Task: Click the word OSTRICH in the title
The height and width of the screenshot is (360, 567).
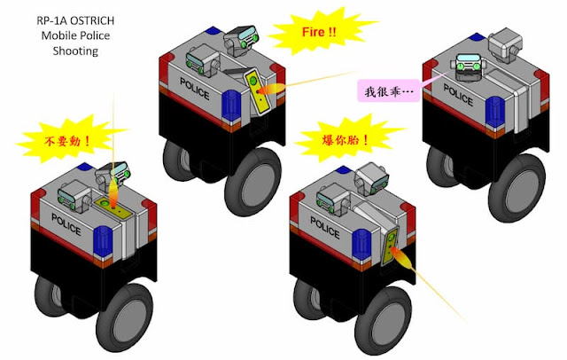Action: click(x=92, y=20)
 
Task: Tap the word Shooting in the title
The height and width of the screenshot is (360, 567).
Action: click(x=75, y=51)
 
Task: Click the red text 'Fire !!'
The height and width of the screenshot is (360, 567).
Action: click(x=319, y=32)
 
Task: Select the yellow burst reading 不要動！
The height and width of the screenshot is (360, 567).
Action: click(x=69, y=139)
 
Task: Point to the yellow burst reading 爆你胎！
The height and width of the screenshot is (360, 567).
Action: click(x=347, y=139)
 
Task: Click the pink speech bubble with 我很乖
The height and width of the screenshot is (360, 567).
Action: click(x=389, y=90)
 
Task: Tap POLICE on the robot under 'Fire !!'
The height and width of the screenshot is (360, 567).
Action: click(x=195, y=89)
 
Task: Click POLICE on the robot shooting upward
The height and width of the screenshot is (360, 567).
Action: click(x=66, y=224)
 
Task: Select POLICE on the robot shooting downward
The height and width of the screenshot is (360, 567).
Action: click(x=325, y=228)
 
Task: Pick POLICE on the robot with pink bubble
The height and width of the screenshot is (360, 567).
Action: click(x=458, y=95)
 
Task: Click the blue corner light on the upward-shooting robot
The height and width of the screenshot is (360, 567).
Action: click(x=103, y=242)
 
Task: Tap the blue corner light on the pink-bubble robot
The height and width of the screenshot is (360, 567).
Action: click(x=495, y=112)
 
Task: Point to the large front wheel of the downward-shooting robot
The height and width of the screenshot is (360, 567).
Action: click(x=384, y=321)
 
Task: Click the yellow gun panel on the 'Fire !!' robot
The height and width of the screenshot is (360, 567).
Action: click(x=258, y=91)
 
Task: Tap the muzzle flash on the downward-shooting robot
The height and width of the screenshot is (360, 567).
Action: click(x=402, y=257)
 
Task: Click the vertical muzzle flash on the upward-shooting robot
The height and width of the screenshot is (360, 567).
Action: click(x=113, y=192)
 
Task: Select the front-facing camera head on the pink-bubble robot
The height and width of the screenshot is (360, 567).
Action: click(x=468, y=67)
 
